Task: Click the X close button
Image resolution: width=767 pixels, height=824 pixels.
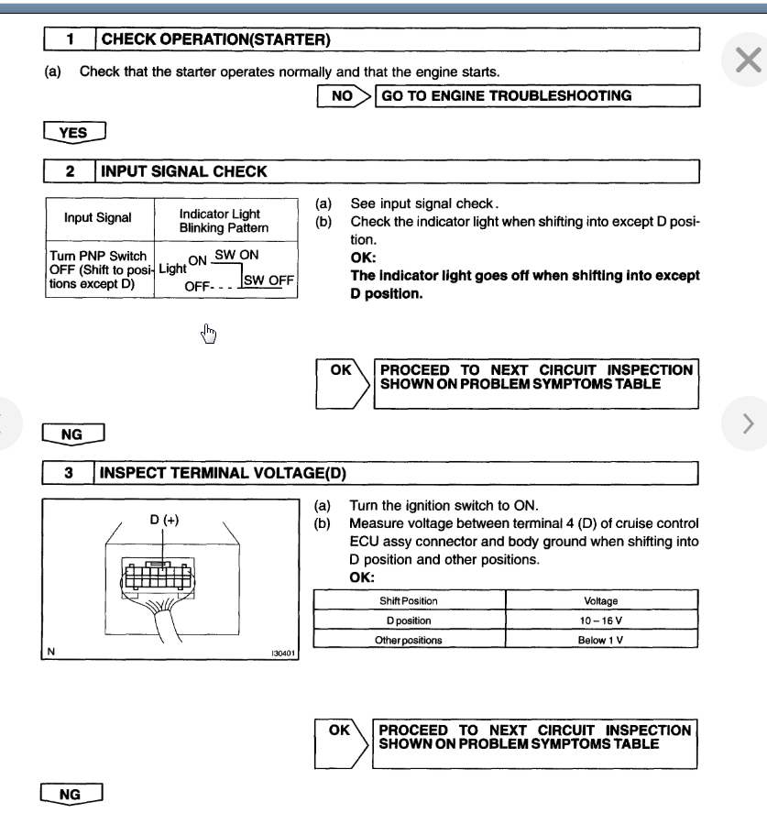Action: pyautogui.click(x=747, y=60)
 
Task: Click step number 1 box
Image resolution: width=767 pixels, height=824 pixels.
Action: pyautogui.click(x=70, y=39)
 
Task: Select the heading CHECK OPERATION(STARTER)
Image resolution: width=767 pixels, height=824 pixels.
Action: pyautogui.click(x=215, y=39)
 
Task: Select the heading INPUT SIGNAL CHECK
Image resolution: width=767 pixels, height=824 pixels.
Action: pyautogui.click(x=183, y=170)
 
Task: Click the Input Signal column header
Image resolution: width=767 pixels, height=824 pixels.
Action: pyautogui.click(x=99, y=219)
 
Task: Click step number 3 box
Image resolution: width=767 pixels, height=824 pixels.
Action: pyautogui.click(x=70, y=474)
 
